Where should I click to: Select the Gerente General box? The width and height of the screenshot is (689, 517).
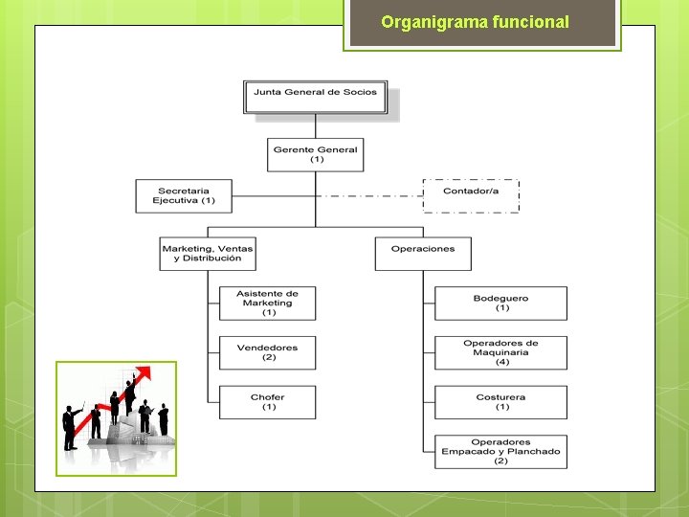click(x=315, y=154)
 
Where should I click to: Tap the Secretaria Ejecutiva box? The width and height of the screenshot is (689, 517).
click(x=184, y=195)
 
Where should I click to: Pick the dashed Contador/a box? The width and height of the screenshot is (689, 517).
click(x=471, y=195)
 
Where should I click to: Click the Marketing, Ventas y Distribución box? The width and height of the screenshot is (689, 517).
click(x=208, y=254)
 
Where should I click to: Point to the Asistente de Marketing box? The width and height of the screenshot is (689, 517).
click(x=268, y=303)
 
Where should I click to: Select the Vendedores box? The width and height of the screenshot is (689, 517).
click(x=268, y=352)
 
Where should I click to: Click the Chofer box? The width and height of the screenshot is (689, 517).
click(x=268, y=402)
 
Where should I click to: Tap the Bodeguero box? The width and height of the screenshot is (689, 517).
click(x=500, y=303)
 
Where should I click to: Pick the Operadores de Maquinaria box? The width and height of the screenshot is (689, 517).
click(x=500, y=352)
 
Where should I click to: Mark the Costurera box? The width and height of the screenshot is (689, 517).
click(x=500, y=402)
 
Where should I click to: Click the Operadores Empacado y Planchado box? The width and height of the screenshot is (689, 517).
click(x=500, y=452)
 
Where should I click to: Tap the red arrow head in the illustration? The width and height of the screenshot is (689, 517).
click(x=144, y=372)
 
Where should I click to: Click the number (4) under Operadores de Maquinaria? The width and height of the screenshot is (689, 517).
click(x=501, y=362)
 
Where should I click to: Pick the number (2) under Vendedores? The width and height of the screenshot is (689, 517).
click(x=269, y=357)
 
